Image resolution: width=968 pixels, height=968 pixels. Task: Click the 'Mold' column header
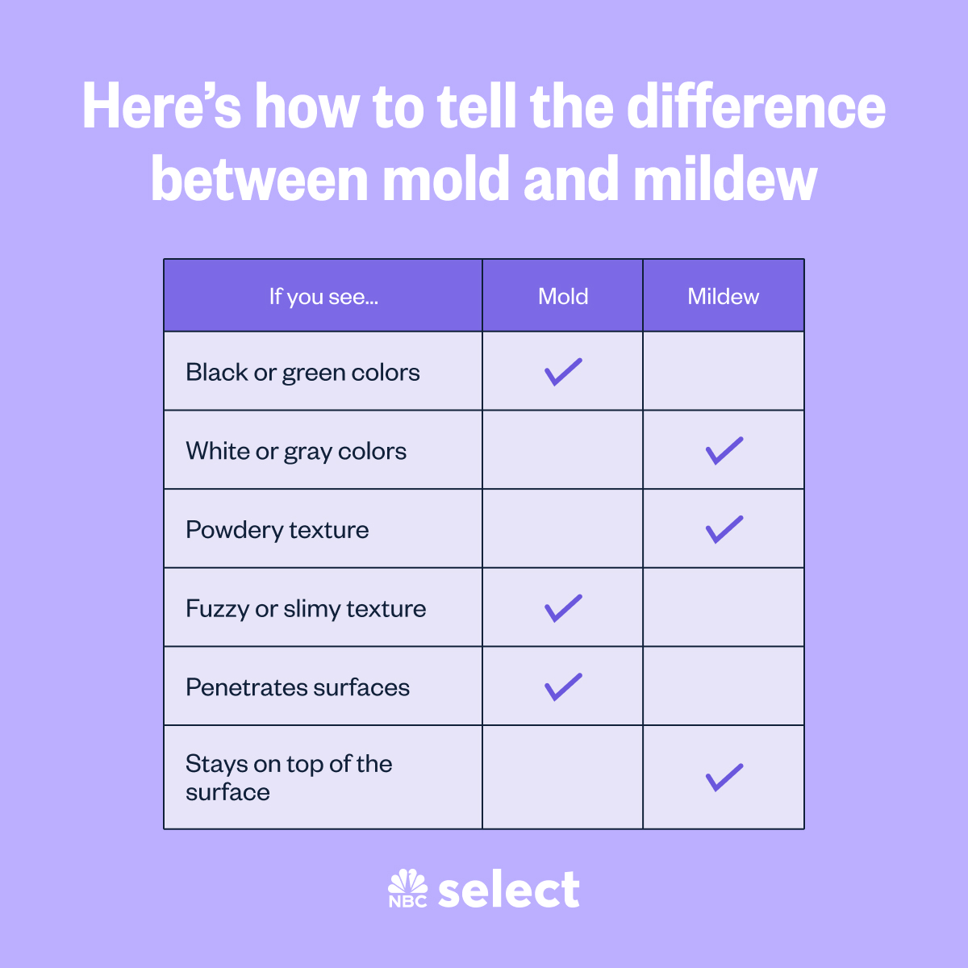[562, 296]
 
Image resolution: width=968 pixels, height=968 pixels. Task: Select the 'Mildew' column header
[723, 296]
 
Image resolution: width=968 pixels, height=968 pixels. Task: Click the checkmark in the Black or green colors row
[563, 372]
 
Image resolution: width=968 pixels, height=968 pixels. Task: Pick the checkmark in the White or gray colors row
[724, 451]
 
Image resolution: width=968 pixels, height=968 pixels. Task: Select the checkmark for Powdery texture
[724, 529]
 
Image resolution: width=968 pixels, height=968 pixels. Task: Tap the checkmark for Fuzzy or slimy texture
[563, 608]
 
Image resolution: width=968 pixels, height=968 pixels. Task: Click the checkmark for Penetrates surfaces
[563, 686]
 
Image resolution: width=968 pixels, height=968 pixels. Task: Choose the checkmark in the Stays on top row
[724, 778]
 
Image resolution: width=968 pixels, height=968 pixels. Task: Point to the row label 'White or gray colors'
[296, 452]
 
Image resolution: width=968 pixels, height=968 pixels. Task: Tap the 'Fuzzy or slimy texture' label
[306, 609]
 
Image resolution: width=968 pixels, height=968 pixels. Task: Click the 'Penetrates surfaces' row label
[298, 687]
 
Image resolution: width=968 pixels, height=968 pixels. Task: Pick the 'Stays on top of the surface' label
[289, 778]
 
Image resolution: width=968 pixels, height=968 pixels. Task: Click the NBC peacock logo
[408, 888]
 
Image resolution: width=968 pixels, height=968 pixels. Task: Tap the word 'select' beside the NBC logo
[509, 888]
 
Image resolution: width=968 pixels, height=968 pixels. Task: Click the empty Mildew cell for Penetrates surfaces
[724, 686]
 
